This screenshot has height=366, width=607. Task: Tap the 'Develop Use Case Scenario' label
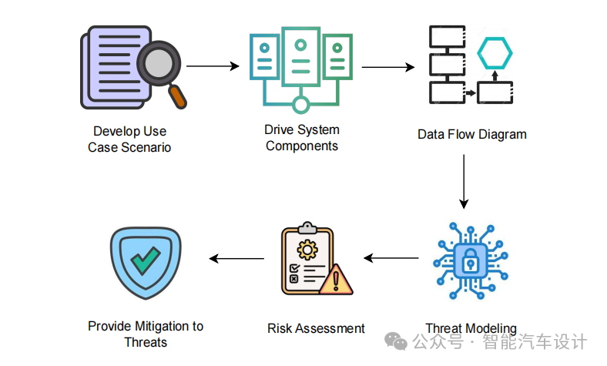coord(129,139)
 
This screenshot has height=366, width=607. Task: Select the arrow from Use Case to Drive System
coord(213,66)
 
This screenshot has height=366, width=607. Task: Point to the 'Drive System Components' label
coord(302,138)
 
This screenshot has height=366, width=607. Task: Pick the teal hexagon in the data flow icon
coord(494,54)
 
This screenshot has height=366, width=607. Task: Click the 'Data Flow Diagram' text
coord(472,134)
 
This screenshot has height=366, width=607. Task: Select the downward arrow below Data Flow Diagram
coord(464,182)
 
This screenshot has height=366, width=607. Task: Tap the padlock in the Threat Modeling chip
coord(468,262)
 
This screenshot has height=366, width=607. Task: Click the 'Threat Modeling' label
coord(471,328)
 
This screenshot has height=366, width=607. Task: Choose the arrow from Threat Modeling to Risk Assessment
coord(392,258)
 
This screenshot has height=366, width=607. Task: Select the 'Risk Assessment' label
coord(316,328)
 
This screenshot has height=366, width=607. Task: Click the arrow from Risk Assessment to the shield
coord(237,258)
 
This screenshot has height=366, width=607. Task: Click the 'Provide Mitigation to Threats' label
coord(146,334)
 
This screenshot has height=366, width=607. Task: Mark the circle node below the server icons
coord(300,105)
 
